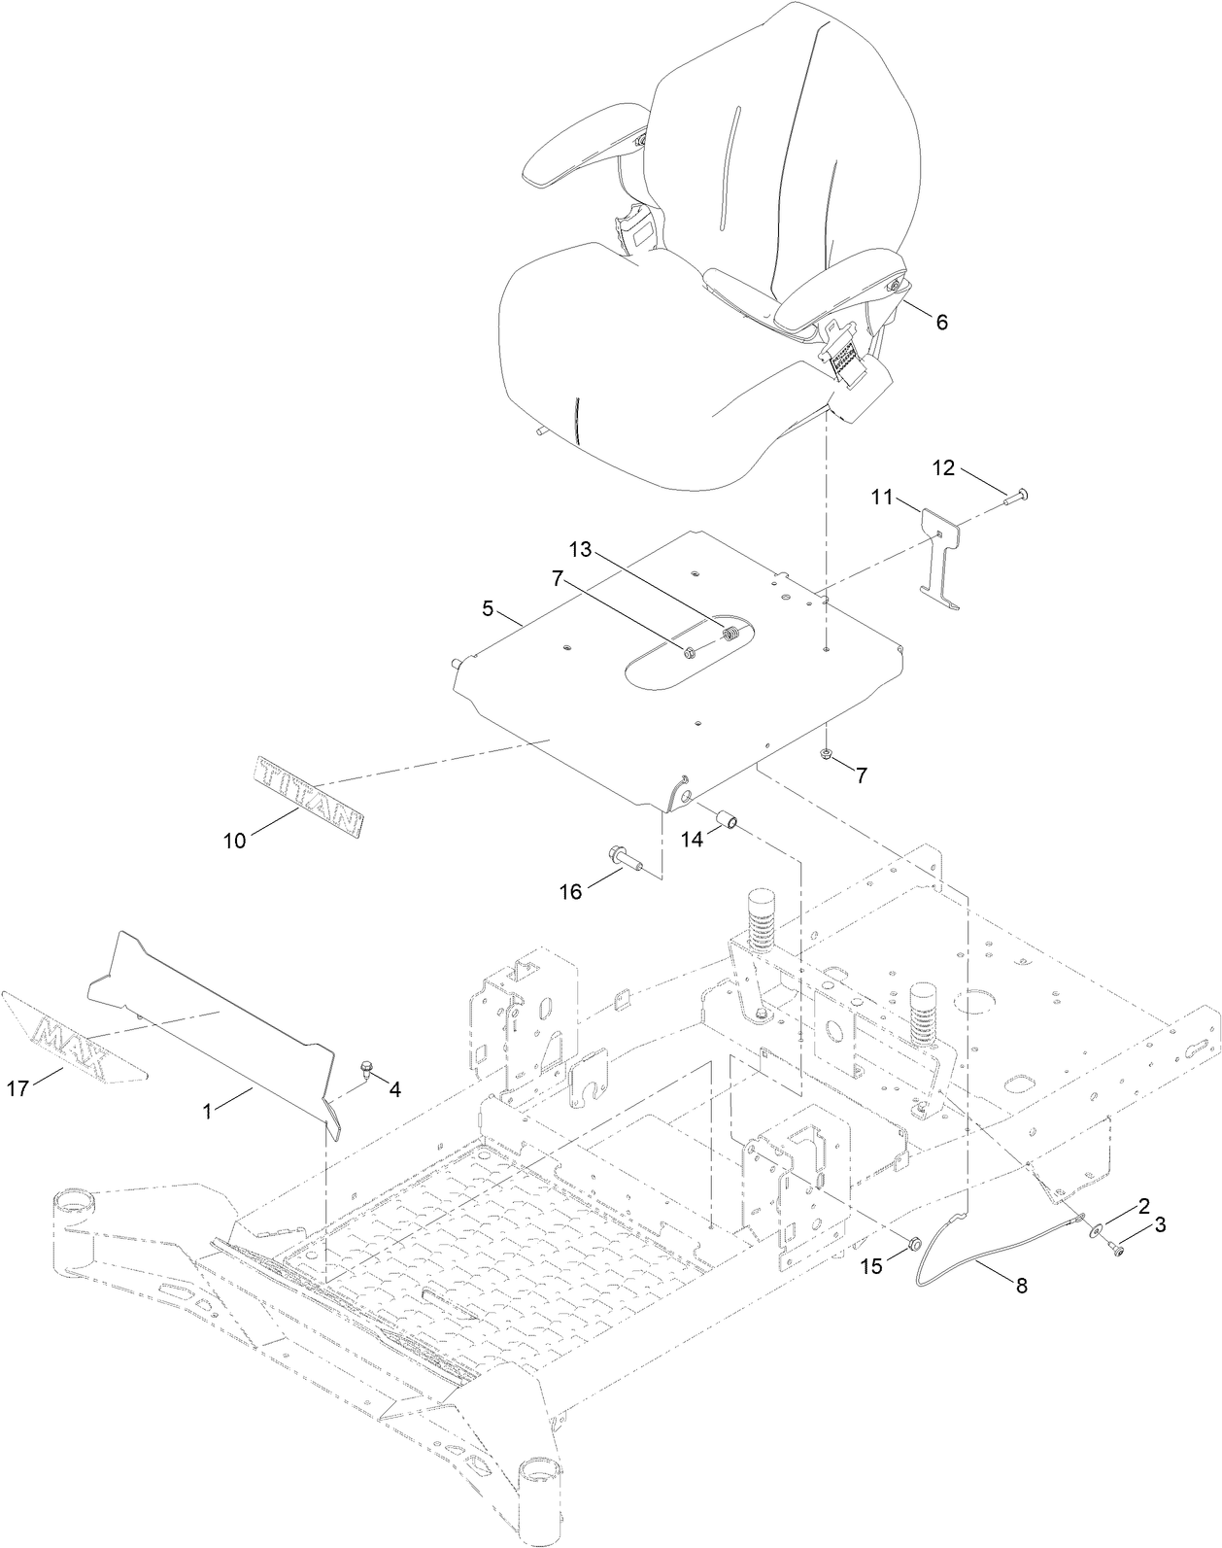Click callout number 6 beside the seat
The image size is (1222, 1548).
940,322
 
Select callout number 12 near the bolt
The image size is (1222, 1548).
943,467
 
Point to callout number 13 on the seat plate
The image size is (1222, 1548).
580,549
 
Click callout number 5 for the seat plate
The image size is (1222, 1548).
489,610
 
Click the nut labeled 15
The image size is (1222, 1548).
913,1243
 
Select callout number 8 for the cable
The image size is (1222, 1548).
1019,1286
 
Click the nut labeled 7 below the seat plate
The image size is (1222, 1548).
825,755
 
